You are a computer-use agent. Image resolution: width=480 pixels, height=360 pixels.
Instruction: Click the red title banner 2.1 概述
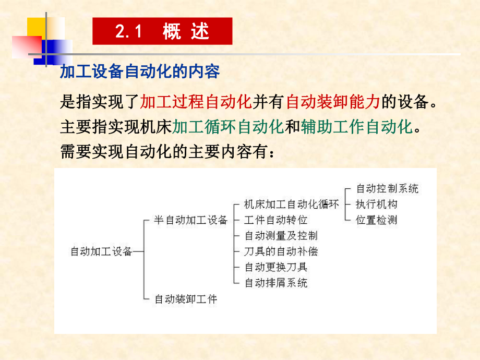(162, 31)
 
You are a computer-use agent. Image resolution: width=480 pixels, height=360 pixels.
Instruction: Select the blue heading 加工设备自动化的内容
(140, 71)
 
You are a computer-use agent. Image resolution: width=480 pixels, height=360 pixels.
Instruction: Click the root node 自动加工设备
(101, 251)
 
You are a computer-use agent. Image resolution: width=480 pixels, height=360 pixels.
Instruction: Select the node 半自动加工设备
(191, 220)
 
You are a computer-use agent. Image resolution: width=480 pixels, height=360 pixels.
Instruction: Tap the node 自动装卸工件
(186, 299)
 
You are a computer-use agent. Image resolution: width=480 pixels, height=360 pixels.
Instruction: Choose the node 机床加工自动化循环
(292, 205)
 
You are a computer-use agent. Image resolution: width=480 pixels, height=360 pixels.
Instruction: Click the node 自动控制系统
(387, 188)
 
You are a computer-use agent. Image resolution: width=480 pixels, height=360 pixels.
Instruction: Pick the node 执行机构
(376, 204)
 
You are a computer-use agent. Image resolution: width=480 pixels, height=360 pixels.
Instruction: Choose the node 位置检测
(376, 220)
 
